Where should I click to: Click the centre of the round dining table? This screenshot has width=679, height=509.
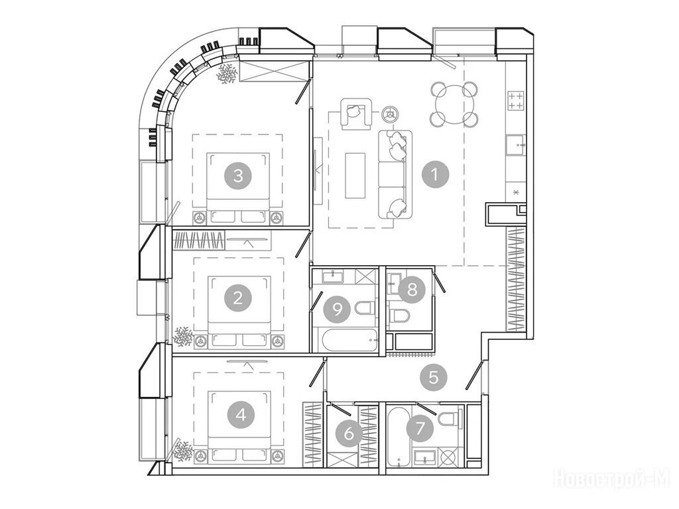(454, 104)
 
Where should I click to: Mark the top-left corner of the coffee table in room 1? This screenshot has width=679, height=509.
(345, 153)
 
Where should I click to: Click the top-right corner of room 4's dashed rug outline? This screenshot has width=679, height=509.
(284, 372)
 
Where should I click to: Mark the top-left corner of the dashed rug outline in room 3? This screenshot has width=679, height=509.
(192, 134)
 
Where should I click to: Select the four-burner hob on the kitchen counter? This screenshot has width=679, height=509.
(515, 101)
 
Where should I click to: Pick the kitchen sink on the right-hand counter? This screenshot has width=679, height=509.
(515, 144)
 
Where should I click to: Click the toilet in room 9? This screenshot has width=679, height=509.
(365, 308)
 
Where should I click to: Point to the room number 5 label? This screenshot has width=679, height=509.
(433, 377)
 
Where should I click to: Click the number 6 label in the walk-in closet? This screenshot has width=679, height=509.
(349, 433)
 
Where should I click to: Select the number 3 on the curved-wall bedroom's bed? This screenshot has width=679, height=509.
(238, 176)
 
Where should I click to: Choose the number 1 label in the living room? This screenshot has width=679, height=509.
(436, 174)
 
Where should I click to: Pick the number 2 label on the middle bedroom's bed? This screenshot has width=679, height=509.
(238, 298)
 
